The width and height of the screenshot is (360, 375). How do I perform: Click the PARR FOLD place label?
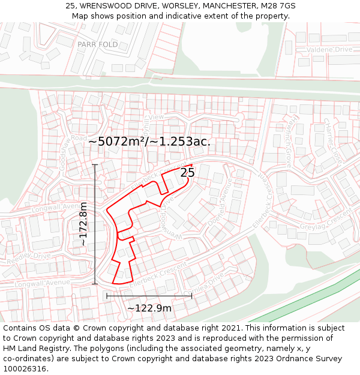coord(98,44)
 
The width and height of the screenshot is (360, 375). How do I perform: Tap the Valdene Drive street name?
coord(329,49)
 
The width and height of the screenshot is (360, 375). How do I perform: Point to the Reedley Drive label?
coord(29,255)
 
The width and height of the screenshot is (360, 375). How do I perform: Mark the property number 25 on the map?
coord(187,173)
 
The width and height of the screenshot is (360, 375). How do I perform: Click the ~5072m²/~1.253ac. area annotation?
coord(149,142)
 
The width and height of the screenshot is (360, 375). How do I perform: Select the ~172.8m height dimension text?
coord(83,224)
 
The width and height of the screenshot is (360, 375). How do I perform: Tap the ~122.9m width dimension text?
coord(149,308)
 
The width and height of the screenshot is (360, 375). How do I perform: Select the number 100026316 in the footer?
coord(25,368)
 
